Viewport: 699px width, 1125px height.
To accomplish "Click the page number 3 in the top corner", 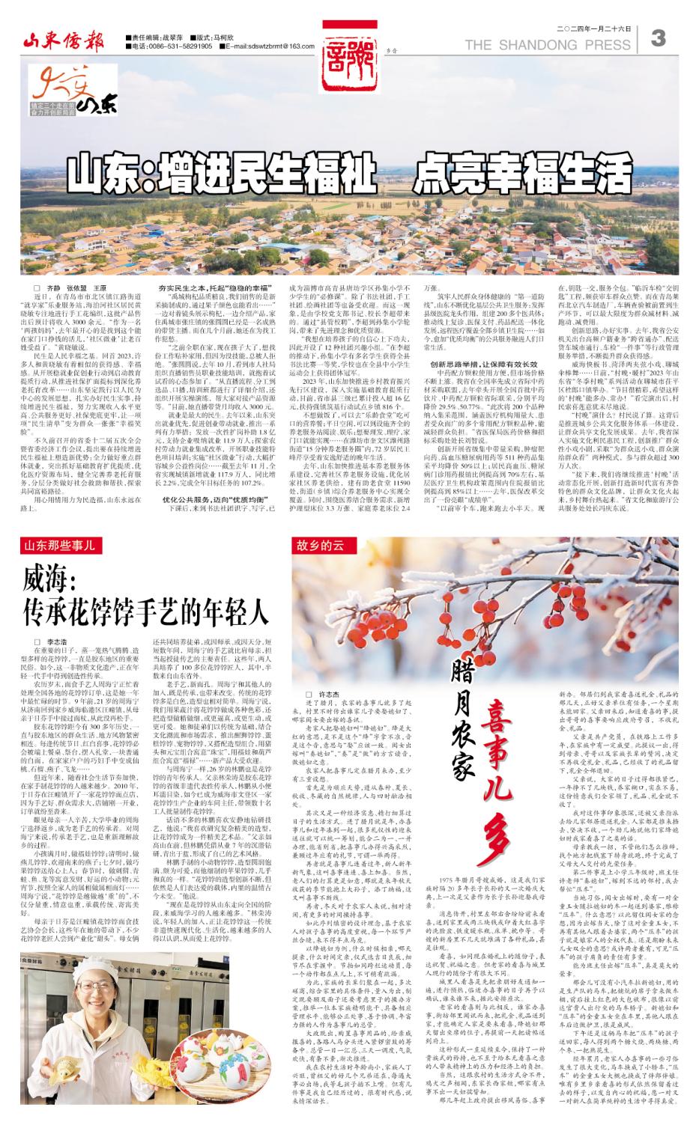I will click(x=660, y=38).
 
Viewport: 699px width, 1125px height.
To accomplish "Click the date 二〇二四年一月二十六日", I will click(x=595, y=28).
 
